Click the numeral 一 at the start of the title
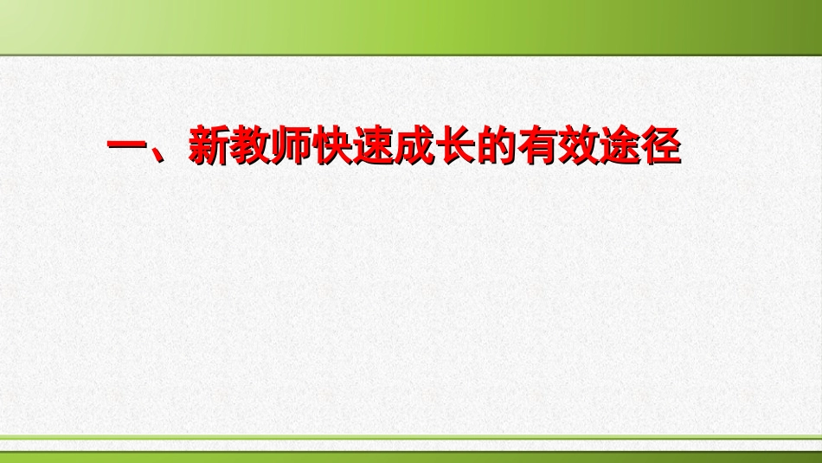(128, 147)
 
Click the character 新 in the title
(210, 147)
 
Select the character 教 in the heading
(251, 147)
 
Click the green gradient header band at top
(411, 26)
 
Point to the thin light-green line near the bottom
(411, 438)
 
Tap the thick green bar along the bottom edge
(411, 455)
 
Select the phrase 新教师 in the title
(251, 147)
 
